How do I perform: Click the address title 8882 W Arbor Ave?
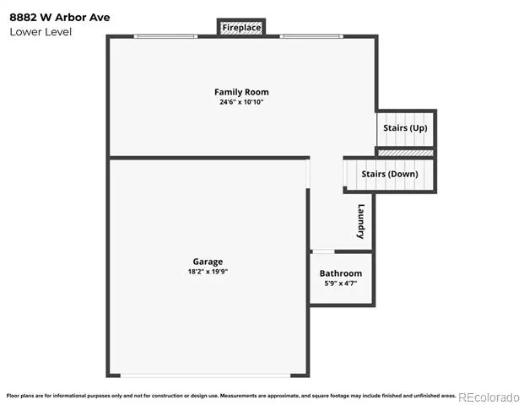tap(59, 18)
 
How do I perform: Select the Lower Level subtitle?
tap(41, 32)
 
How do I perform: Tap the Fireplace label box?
tap(241, 27)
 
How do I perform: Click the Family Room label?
tap(241, 92)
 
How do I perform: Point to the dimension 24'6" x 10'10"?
tap(241, 102)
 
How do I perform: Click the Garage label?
tap(208, 262)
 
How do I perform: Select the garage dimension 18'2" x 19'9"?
tap(208, 272)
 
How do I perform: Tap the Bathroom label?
tap(341, 273)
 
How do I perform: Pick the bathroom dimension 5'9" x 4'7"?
tap(341, 283)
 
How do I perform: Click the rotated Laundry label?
tap(361, 221)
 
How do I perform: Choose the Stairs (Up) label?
tap(405, 128)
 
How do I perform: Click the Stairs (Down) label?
tap(390, 174)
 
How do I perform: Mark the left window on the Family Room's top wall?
tap(165, 36)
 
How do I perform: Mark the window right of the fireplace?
tap(311, 36)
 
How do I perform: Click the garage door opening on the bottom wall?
tap(205, 375)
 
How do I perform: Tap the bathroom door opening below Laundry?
tap(323, 251)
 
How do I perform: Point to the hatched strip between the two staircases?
tap(405, 153)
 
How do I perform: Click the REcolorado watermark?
tap(489, 397)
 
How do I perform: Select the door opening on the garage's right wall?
tap(308, 174)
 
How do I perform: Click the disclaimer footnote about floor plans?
tap(231, 396)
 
